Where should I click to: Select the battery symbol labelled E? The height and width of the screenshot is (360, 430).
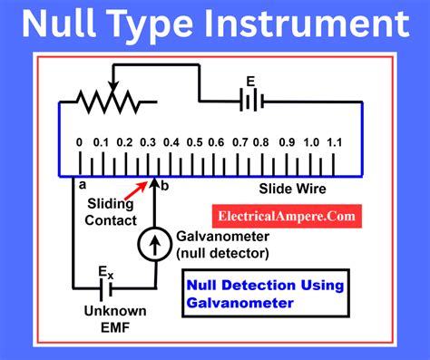point(248,101)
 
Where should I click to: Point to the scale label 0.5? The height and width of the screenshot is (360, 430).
point(195,142)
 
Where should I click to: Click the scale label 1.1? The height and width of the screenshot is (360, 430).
point(336,142)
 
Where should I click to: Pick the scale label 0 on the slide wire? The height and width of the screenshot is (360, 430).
point(80,142)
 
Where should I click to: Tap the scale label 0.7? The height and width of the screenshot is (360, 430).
point(240,142)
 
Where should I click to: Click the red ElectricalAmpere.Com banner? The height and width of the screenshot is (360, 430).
point(287,217)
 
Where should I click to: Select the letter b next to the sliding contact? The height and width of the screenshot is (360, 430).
point(164,186)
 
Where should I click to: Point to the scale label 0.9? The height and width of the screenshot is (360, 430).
point(287,142)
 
